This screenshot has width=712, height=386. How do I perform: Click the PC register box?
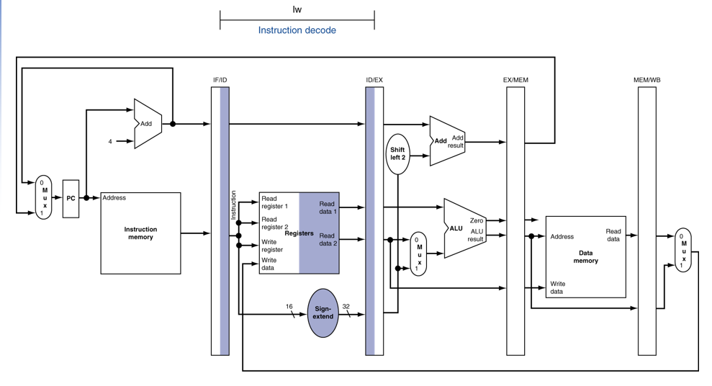(x=71, y=199)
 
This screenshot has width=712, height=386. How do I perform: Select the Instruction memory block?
(x=141, y=233)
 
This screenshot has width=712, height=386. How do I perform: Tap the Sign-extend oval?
(x=323, y=313)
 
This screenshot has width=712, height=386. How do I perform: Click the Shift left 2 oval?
(x=397, y=154)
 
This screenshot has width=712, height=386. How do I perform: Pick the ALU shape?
(x=464, y=228)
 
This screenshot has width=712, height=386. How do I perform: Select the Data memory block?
(x=586, y=257)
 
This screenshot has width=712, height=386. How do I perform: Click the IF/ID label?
(x=220, y=80)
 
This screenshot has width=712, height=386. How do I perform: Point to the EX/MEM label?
(x=515, y=80)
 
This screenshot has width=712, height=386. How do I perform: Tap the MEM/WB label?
(x=647, y=80)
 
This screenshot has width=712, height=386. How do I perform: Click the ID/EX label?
(x=374, y=80)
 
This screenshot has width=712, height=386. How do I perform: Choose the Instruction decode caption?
(x=297, y=30)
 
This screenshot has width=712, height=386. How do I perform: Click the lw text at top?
(x=297, y=9)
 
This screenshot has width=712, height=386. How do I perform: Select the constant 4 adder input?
(x=110, y=142)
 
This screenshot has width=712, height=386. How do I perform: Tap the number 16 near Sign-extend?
(x=289, y=307)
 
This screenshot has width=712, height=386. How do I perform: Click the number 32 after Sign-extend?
(x=346, y=307)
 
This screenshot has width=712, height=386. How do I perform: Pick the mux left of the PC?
(x=44, y=197)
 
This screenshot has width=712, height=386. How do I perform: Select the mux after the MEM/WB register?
(x=683, y=250)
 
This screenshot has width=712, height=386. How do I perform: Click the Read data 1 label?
(x=328, y=207)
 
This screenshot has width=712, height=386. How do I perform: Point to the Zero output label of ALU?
(x=477, y=220)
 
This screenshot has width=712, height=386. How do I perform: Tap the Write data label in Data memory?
(x=558, y=287)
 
